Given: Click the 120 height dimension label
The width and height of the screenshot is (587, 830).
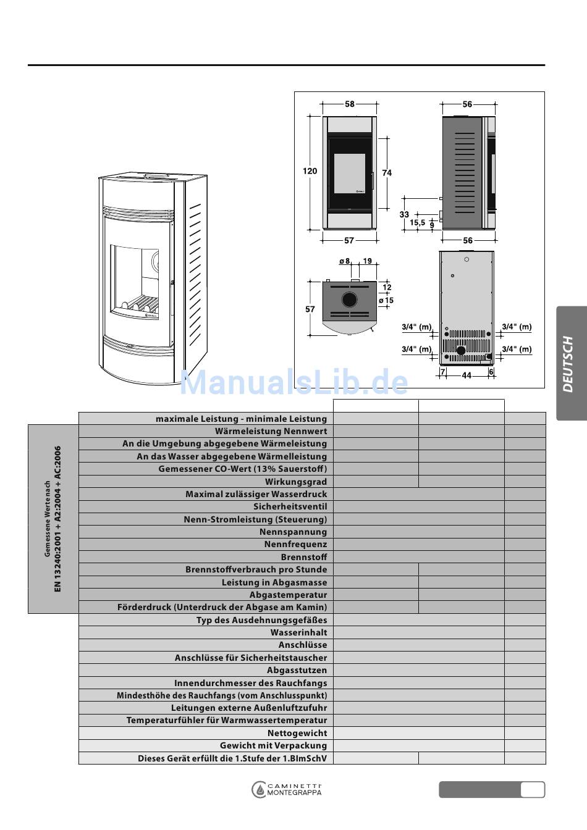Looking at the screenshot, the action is click(310, 171).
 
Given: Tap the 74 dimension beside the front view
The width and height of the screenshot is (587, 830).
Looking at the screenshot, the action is click(387, 173).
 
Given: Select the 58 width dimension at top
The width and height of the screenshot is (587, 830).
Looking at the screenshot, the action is click(350, 104).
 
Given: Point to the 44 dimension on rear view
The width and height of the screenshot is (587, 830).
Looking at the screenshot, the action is click(467, 375).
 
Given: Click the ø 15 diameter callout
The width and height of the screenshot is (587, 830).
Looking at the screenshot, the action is click(386, 301).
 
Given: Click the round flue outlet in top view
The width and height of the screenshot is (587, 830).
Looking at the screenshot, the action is click(349, 300).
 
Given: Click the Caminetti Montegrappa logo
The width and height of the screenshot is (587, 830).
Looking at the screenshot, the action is click(287, 790).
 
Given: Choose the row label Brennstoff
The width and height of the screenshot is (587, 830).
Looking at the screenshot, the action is click(304, 557).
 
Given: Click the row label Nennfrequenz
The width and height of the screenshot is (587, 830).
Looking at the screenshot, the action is click(295, 544).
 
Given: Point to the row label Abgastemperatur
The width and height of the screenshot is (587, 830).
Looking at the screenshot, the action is click(288, 595).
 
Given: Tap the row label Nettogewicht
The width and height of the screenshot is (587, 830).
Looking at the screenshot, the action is click(297, 733).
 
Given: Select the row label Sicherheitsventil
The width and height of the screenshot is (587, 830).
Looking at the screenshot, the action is click(290, 506).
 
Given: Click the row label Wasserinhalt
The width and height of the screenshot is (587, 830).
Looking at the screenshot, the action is click(298, 632).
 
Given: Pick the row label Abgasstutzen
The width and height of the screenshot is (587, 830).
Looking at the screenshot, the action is click(297, 670).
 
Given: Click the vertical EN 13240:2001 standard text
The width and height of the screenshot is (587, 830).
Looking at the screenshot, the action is click(57, 519).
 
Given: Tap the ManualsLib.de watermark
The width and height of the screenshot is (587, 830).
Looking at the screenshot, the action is click(293, 383).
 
